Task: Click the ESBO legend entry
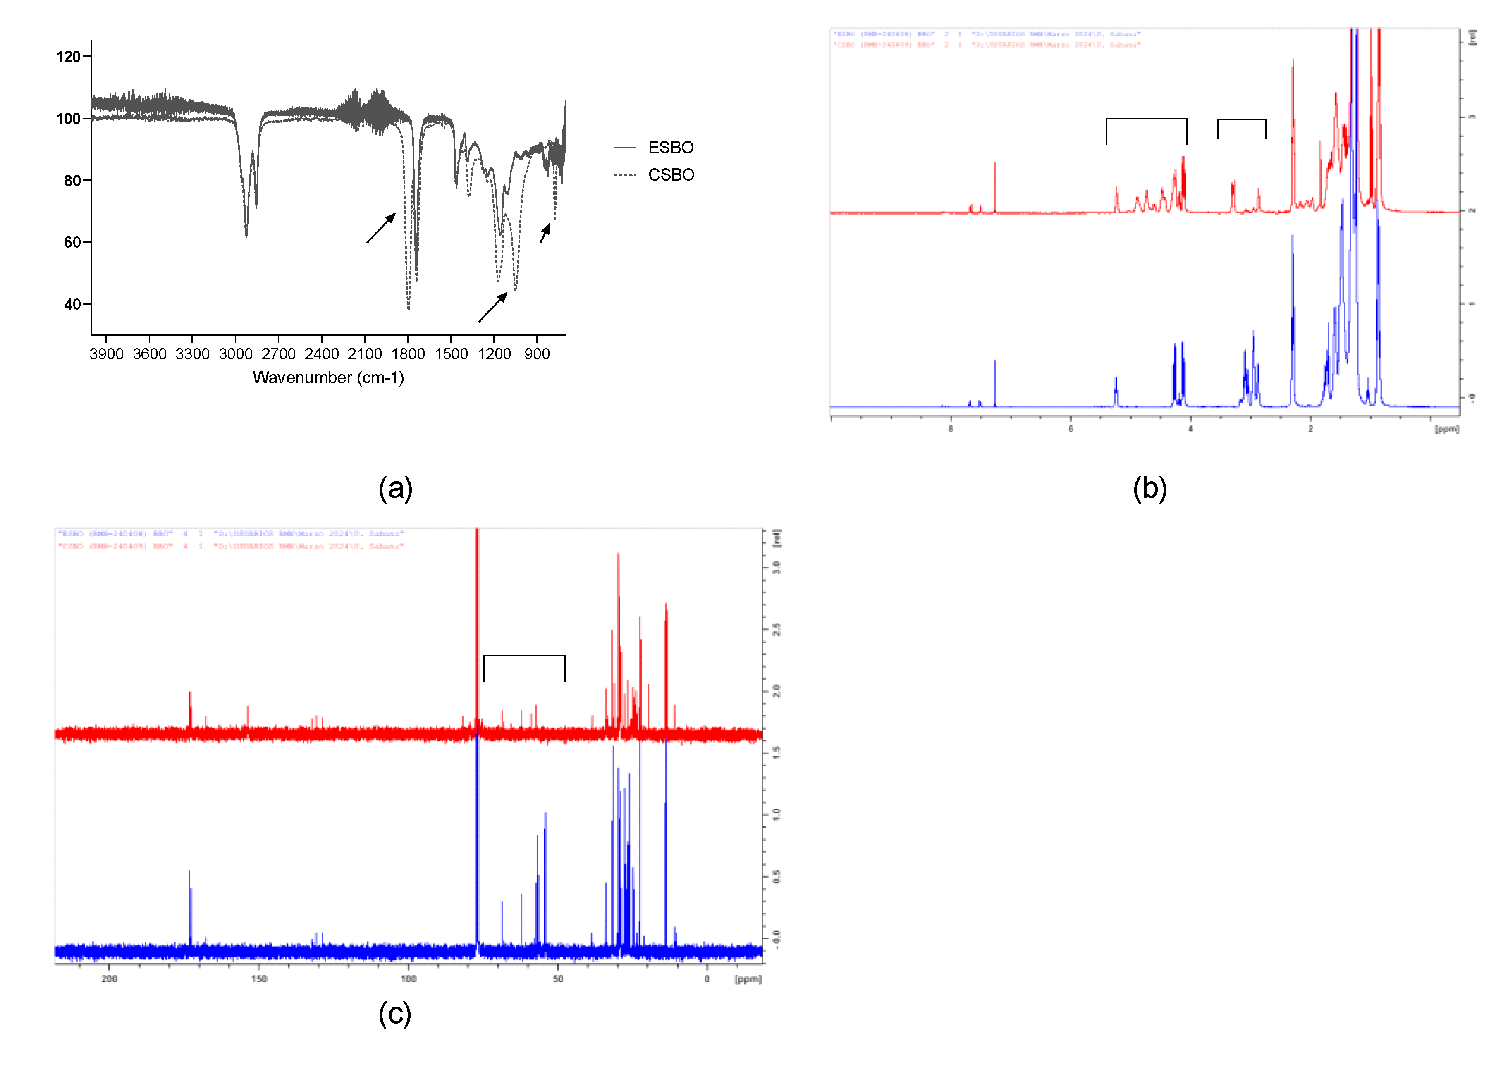coord(670,147)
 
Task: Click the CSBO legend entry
coord(670,175)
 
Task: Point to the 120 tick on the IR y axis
coord(68,57)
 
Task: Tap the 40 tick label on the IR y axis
coord(72,305)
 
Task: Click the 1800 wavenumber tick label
coord(408,354)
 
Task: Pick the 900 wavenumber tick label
coord(537,354)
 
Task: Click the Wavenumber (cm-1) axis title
coord(328,378)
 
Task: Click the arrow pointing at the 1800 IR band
coord(381,228)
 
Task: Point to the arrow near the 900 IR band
coord(545,233)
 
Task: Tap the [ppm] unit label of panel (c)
coord(748,979)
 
